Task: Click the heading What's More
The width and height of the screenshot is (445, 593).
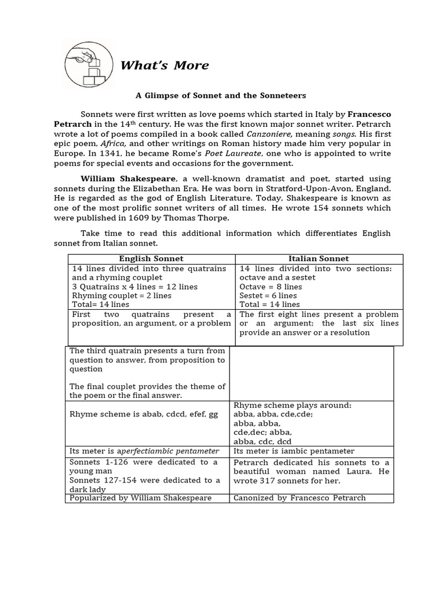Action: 164,65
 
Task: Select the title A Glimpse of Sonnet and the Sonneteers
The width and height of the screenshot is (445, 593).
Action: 221,95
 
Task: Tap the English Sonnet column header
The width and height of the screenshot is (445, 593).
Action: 151,259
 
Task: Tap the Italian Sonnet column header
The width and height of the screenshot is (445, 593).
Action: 319,259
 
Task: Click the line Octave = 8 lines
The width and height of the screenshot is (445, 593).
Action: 271,287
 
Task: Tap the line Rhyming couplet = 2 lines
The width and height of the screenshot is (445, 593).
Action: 122,295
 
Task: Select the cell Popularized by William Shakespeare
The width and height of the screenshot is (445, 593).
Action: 140,498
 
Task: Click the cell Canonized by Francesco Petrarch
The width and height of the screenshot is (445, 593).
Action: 300,498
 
